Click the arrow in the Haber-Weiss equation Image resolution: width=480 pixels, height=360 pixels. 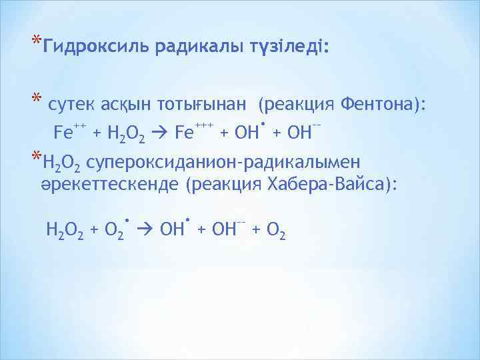pyautogui.click(x=143, y=231)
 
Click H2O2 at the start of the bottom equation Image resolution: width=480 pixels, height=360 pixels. pyautogui.click(x=65, y=231)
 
